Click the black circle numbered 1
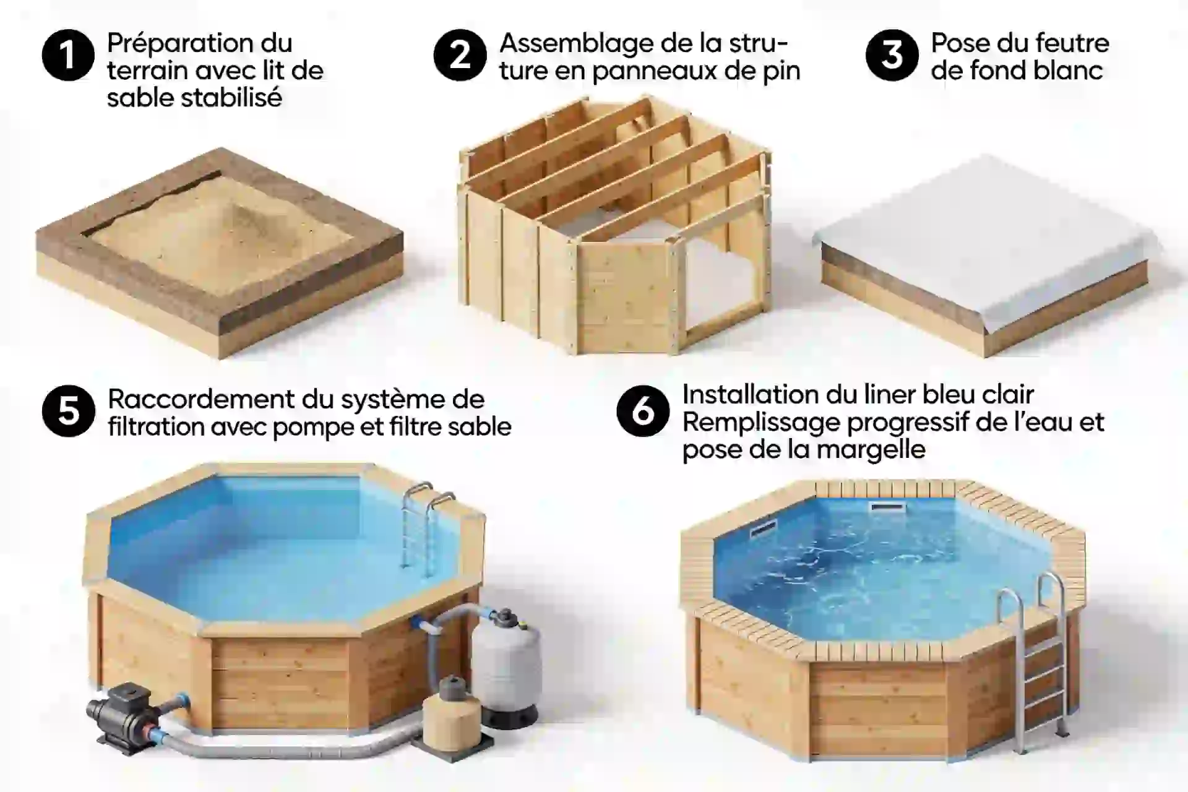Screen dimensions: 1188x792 click(68, 55)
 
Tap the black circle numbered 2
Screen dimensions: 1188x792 click(460, 55)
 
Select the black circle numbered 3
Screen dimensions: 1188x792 click(892, 55)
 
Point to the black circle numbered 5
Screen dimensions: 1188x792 click(68, 411)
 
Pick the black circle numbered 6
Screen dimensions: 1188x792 click(643, 411)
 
